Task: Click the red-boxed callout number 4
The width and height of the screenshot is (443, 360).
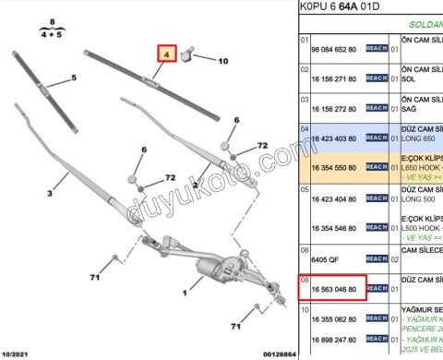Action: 166,55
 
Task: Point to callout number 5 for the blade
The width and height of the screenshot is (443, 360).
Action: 73,79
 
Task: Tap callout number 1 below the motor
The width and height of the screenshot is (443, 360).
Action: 186,294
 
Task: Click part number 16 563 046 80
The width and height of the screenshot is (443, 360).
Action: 329,288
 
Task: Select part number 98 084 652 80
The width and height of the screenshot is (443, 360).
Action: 329,49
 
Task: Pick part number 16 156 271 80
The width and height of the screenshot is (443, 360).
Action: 329,81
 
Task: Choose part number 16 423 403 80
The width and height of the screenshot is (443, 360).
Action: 329,138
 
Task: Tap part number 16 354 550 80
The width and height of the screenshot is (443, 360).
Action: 329,167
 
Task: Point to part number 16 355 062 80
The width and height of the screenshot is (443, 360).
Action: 329,319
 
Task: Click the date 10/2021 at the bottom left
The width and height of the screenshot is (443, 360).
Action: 18,354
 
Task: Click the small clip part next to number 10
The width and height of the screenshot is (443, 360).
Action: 191,55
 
